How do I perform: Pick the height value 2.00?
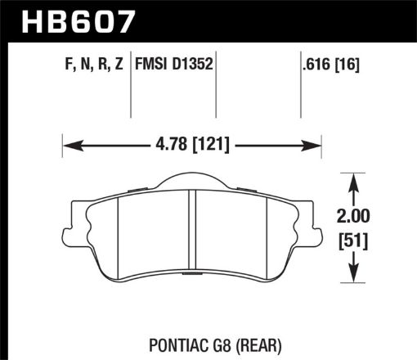[353, 218]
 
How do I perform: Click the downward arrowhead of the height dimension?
[353, 277]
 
